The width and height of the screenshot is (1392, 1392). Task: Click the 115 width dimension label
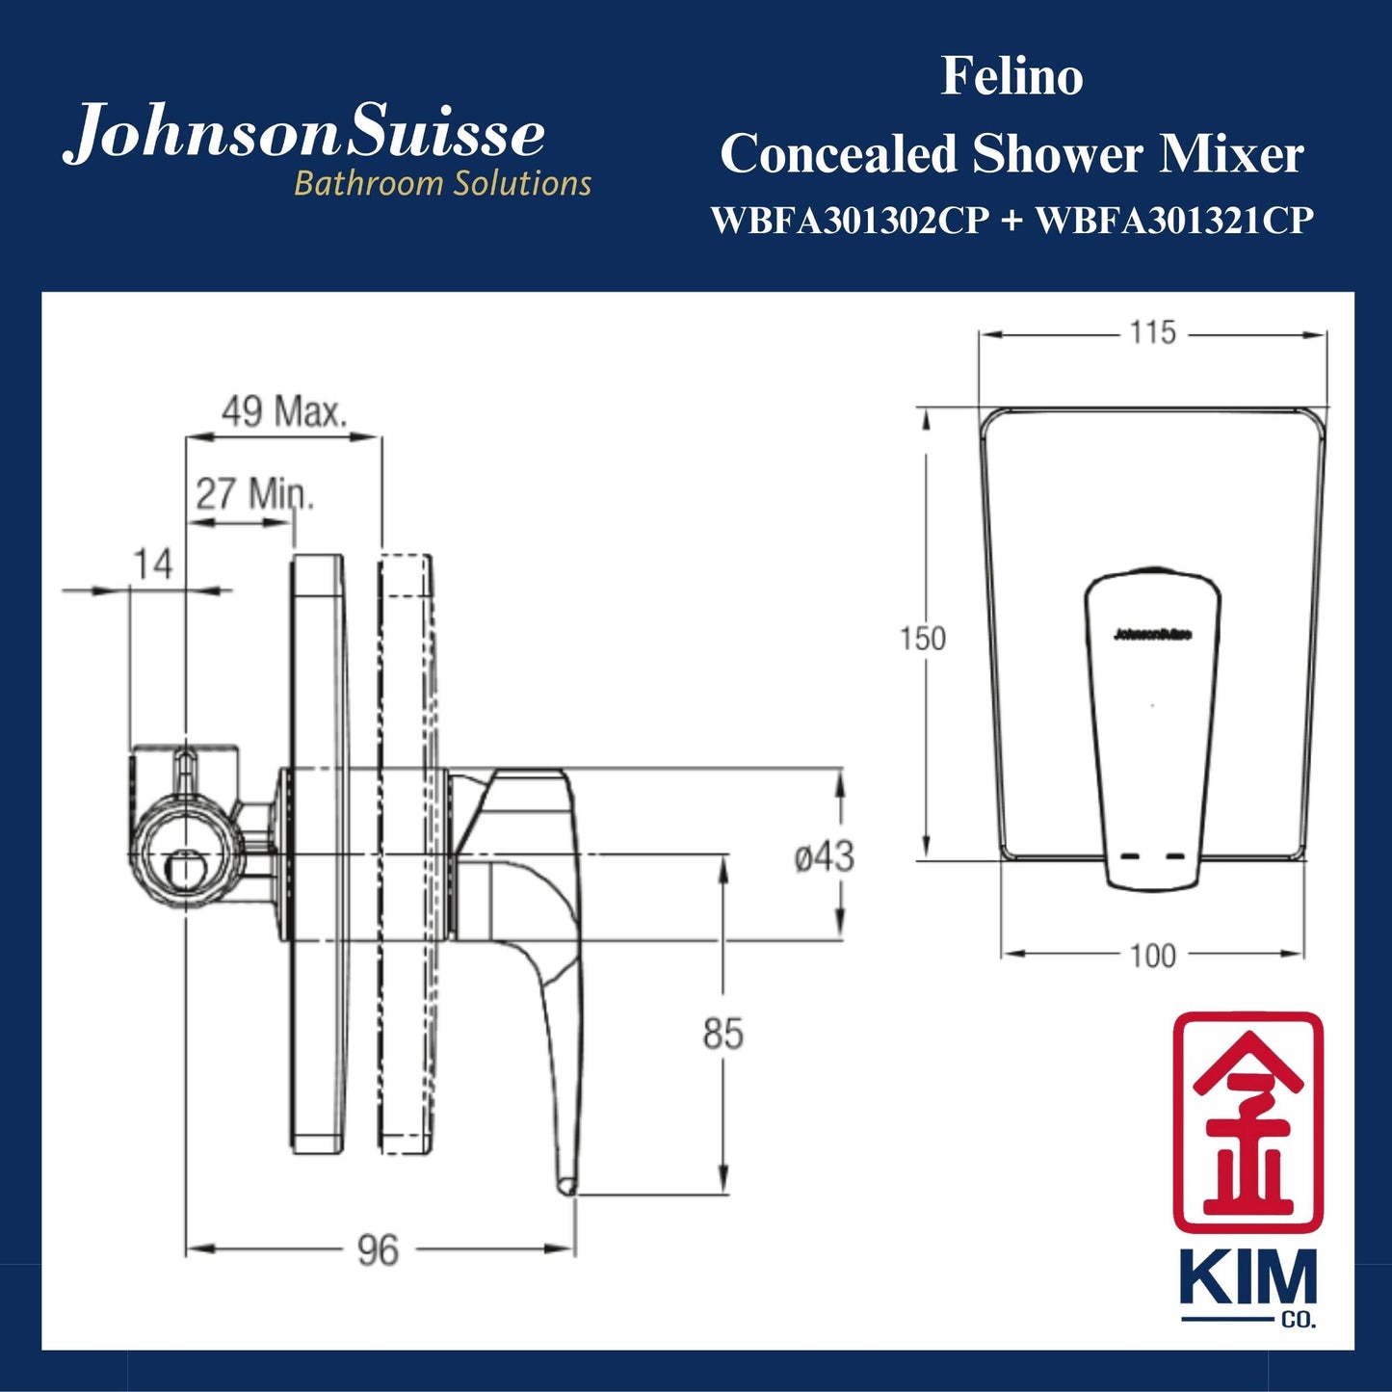tap(1152, 333)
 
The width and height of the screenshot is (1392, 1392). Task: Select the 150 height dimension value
tap(922, 639)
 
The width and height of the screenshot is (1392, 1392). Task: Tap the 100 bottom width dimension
tap(1152, 956)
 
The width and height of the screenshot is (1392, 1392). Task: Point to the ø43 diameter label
tap(824, 855)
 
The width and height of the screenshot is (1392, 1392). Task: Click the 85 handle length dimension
tap(722, 1034)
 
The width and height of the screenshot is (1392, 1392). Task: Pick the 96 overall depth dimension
tap(377, 1250)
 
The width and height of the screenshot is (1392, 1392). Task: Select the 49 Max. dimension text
tap(283, 411)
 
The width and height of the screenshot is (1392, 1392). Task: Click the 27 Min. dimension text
tap(255, 494)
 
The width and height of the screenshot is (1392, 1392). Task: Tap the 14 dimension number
tap(152, 564)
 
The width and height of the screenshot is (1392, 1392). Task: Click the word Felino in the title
tap(1011, 77)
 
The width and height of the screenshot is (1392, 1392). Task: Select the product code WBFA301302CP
tap(850, 221)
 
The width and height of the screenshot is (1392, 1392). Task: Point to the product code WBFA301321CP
tap(1173, 221)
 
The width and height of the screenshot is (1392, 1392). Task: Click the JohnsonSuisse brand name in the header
tap(303, 135)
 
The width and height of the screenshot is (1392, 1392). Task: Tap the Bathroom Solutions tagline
tap(442, 183)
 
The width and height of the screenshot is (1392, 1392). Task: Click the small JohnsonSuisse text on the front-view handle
tap(1152, 634)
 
